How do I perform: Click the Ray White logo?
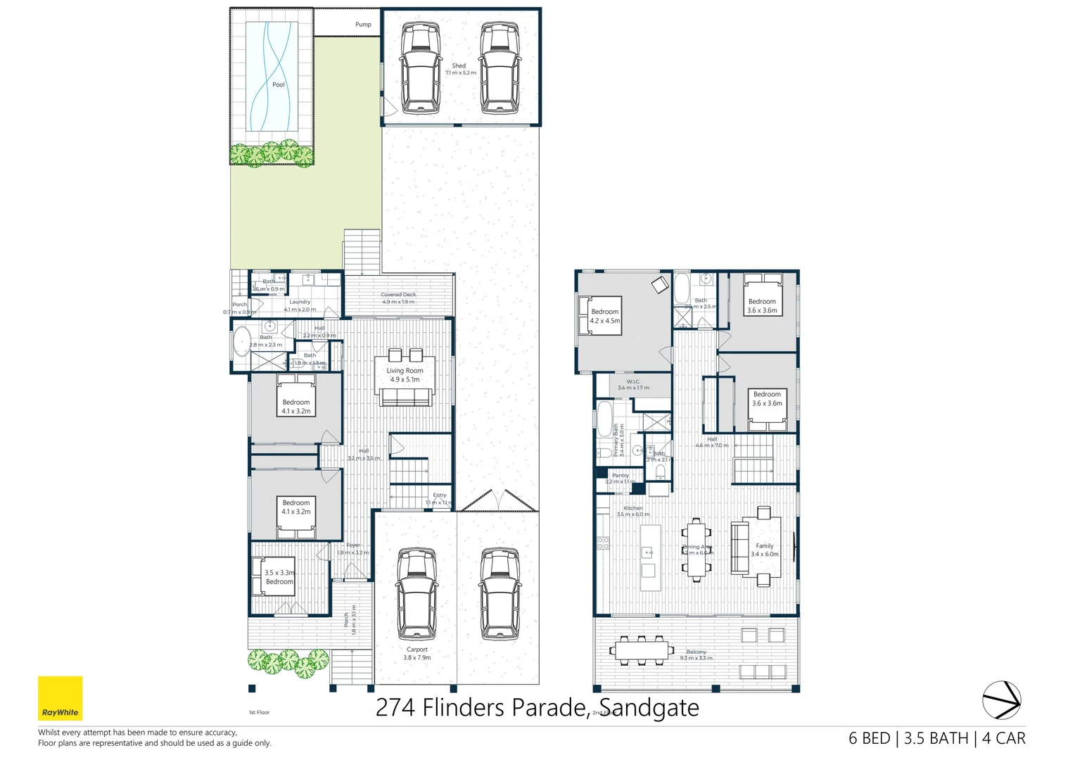click(x=60, y=698)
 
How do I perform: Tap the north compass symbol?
click(x=1001, y=700)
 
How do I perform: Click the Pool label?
click(x=279, y=84)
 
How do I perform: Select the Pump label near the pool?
click(x=363, y=25)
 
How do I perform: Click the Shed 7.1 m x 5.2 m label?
click(x=460, y=69)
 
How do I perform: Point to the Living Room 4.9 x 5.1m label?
click(x=405, y=375)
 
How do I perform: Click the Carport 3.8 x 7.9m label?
click(x=416, y=654)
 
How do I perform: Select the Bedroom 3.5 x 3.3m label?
click(x=279, y=577)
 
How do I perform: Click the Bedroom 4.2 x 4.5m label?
click(x=604, y=316)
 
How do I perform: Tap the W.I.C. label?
click(x=633, y=385)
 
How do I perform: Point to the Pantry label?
click(x=621, y=479)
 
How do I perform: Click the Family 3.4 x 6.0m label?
click(x=764, y=550)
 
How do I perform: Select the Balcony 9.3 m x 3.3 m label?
click(x=696, y=655)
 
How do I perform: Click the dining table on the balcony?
click(x=641, y=650)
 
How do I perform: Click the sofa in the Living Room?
click(x=405, y=398)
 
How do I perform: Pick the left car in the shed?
click(x=420, y=68)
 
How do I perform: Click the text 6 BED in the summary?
click(x=869, y=738)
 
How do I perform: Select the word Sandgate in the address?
click(x=649, y=707)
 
